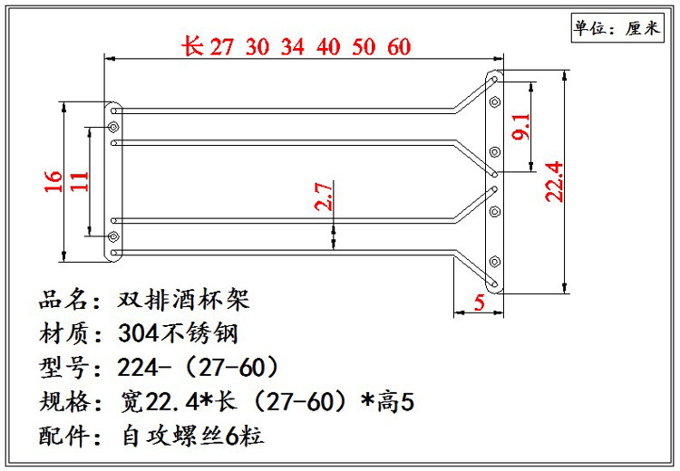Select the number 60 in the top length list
(x=400, y=48)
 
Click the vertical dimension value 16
(x=53, y=180)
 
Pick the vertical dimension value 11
(x=80, y=180)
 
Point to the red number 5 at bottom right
(x=478, y=303)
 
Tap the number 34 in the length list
(x=293, y=48)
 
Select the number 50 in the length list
(x=364, y=48)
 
